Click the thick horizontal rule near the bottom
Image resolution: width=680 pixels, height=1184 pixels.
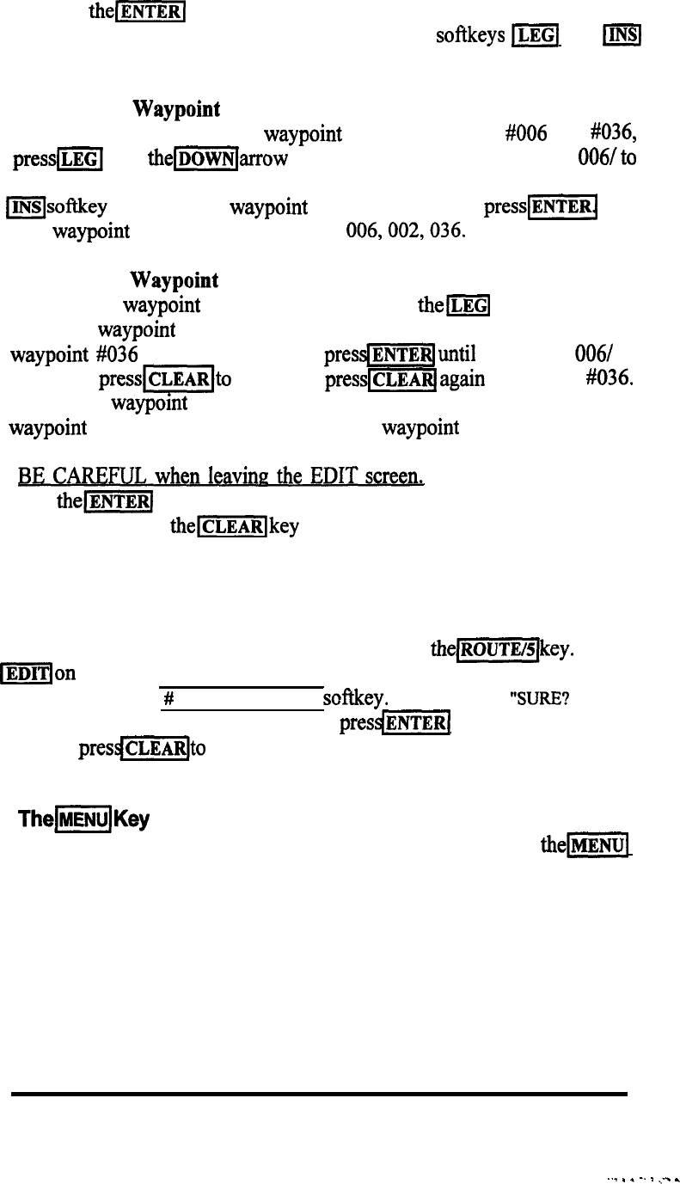point(318,1094)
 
